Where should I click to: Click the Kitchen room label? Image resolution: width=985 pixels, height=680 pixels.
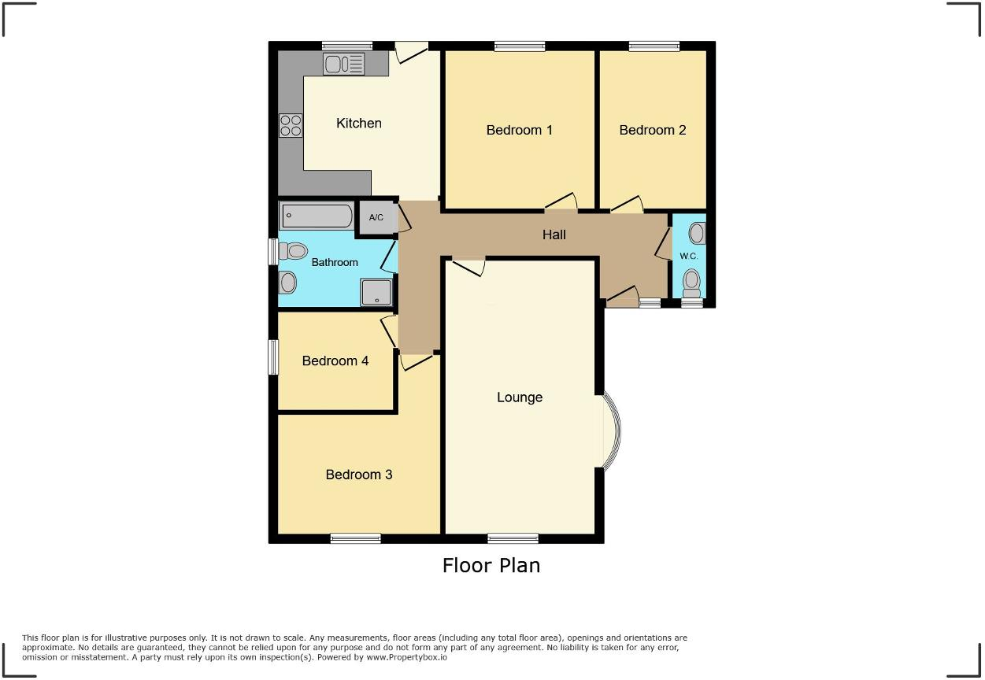(358, 123)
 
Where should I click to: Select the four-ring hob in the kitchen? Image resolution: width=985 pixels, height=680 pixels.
(291, 126)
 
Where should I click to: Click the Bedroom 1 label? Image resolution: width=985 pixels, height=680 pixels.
(519, 130)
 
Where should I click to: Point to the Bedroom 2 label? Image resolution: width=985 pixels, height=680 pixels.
(652, 130)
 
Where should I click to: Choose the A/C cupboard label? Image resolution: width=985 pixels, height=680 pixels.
(376, 217)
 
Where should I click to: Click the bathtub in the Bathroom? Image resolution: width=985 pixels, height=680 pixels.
(317, 216)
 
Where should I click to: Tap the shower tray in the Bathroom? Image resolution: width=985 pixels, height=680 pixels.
(376, 292)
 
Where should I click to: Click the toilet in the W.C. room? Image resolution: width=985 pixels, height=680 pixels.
(692, 279)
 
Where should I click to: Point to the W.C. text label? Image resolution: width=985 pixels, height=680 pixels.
(688, 256)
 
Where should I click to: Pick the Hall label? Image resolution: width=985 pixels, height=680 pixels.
(554, 235)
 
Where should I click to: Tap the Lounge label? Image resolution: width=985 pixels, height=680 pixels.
(519, 397)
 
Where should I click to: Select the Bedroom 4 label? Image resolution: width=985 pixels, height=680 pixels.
(335, 360)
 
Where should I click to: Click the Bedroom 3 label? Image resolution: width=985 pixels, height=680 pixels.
(358, 475)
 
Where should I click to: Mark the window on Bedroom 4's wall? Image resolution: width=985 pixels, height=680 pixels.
(273, 357)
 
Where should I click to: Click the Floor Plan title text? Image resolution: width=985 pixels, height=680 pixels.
(491, 565)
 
